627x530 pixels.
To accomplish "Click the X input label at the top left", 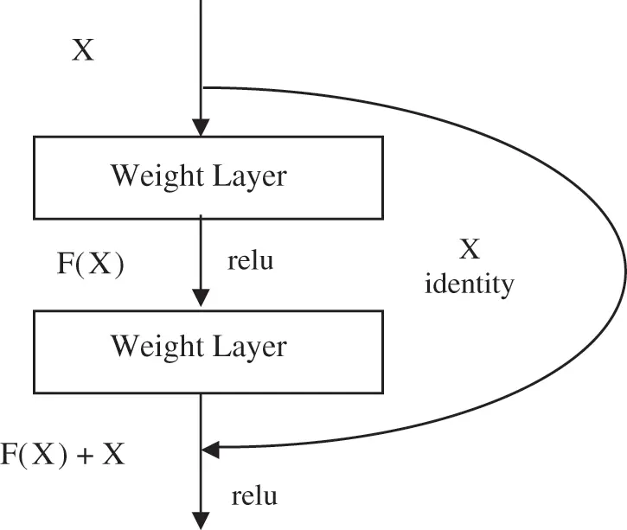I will pyautogui.click(x=82, y=50).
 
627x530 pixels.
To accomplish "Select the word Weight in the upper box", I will pyautogui.click(x=153, y=176).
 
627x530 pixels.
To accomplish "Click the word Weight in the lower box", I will pyautogui.click(x=153, y=347).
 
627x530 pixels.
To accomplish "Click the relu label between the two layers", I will pyautogui.click(x=250, y=260).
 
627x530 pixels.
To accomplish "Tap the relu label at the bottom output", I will pyautogui.click(x=255, y=496).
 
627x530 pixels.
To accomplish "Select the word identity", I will pyautogui.click(x=470, y=283).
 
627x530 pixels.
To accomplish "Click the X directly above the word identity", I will pyautogui.click(x=468, y=250).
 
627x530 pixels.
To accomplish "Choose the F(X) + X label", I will pyautogui.click(x=62, y=455).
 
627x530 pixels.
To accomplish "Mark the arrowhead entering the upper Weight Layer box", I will pyautogui.click(x=201, y=127).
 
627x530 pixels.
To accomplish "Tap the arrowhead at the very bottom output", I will pyautogui.click(x=201, y=520).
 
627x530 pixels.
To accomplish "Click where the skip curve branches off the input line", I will pyautogui.click(x=202, y=86).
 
